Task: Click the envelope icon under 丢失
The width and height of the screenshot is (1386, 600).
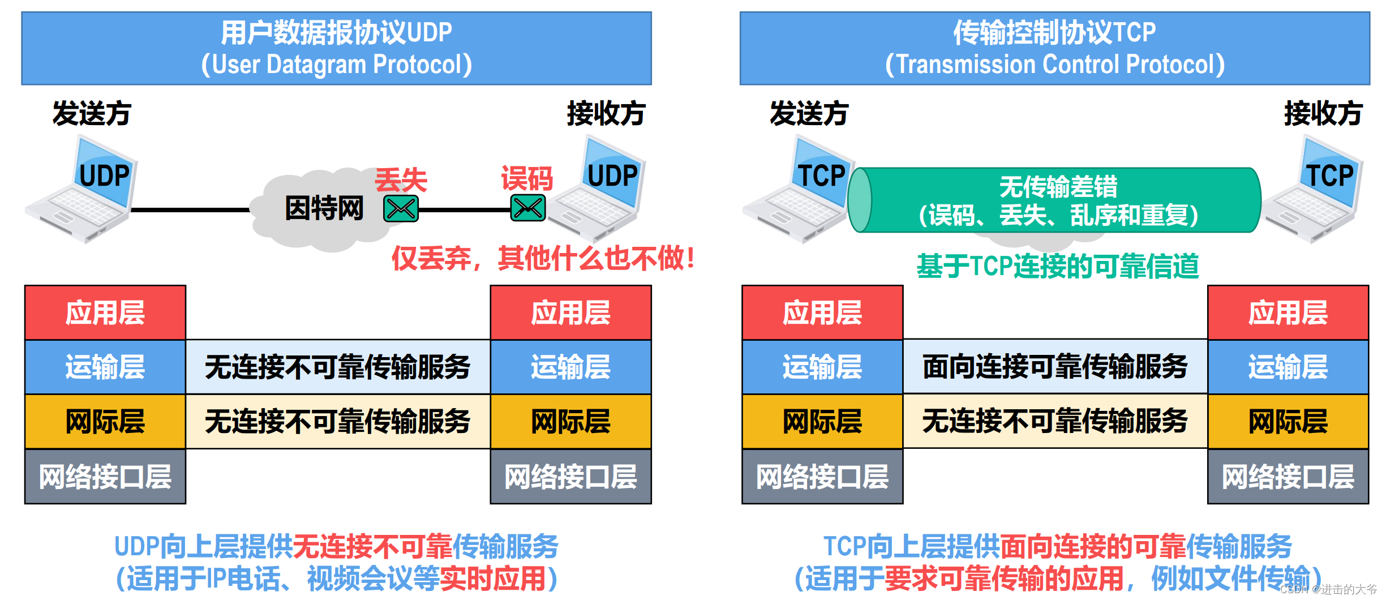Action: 401,209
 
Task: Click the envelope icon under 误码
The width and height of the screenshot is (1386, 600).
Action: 528,208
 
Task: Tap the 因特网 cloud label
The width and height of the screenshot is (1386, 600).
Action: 324,208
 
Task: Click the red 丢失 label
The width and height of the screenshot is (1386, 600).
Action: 401,180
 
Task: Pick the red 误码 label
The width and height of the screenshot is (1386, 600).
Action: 527,179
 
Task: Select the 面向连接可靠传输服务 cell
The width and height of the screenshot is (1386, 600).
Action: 1055,367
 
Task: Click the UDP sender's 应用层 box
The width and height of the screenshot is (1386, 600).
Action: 105,312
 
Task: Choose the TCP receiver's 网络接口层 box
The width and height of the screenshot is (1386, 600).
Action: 1288,477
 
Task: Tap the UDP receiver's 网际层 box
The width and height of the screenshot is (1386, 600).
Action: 570,422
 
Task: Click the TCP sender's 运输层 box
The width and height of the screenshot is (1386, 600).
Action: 822,367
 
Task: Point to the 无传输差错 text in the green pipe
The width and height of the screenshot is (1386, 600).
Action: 1058,187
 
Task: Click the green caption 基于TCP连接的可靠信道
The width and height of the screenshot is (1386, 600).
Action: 1057,266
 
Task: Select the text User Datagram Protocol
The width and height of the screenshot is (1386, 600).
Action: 337,65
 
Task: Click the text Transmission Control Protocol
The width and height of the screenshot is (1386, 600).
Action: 1055,65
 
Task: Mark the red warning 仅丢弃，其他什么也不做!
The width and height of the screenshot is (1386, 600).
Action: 543,259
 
